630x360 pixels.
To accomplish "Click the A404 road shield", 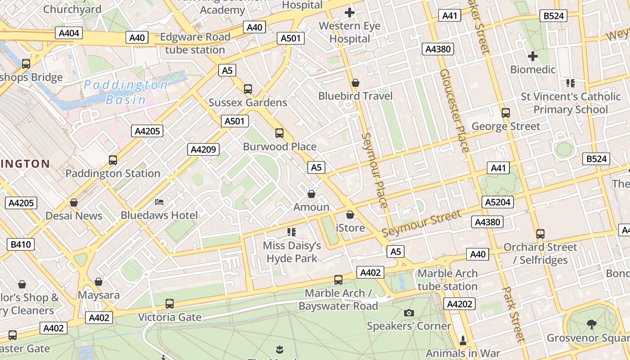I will [x=69, y=33].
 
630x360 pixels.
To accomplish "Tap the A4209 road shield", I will [x=203, y=149].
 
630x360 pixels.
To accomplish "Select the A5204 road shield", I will [x=498, y=202].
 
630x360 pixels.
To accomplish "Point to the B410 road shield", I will [x=21, y=244].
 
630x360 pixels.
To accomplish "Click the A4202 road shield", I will [x=460, y=304].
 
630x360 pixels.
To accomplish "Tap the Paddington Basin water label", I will [x=126, y=92].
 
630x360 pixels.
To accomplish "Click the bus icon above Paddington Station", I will [x=112, y=160].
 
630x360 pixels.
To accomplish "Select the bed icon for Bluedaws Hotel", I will [x=159, y=202].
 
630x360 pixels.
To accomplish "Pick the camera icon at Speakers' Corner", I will [x=409, y=313].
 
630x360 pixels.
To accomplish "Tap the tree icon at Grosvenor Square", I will [x=592, y=324].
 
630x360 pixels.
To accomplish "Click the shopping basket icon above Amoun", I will [x=311, y=194].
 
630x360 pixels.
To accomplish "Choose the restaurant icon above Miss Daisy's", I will [x=292, y=232].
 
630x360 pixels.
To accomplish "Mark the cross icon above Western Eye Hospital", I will [x=349, y=13].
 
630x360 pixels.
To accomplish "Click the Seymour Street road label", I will [x=422, y=223].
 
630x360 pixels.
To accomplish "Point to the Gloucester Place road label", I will [x=454, y=110].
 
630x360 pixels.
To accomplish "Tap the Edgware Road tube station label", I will [x=195, y=43].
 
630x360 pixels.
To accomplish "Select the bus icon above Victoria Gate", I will [x=169, y=304].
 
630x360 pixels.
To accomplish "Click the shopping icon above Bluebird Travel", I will [x=355, y=83].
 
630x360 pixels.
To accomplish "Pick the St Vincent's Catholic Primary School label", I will [x=571, y=103].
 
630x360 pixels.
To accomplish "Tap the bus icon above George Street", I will [x=505, y=112].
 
